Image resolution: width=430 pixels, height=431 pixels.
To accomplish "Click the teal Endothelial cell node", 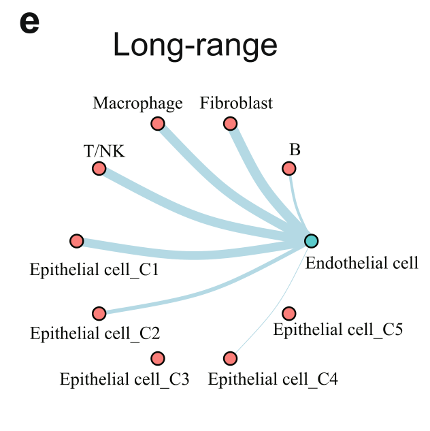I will (x=311, y=240).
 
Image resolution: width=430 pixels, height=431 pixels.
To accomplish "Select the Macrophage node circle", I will (x=158, y=123).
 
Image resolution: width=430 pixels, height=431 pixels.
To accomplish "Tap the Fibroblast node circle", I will (x=230, y=123).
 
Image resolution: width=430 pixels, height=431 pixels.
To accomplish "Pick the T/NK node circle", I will (x=99, y=168).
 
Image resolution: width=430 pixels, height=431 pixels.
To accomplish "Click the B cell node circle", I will (x=289, y=168).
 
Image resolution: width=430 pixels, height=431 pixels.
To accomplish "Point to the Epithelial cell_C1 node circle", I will (x=76, y=240).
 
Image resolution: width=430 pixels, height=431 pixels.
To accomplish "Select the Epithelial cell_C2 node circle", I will (x=99, y=313).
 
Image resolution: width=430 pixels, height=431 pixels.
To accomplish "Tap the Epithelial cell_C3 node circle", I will (x=158, y=358).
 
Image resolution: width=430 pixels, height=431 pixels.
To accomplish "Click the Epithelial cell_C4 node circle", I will (x=230, y=358).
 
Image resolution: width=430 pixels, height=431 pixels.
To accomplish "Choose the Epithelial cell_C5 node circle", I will (x=289, y=313).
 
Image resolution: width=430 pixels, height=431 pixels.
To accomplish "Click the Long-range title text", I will (x=195, y=46).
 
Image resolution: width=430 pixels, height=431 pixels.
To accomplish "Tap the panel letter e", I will (x=29, y=22).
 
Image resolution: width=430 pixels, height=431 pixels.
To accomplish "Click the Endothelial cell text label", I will (x=361, y=263).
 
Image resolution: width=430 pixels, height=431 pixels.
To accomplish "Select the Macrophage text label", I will (x=137, y=103).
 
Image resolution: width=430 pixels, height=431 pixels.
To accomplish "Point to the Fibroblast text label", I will (x=236, y=103).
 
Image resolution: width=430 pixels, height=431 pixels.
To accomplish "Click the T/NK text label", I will (x=104, y=151).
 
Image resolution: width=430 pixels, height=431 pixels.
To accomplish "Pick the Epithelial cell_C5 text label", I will (x=338, y=330).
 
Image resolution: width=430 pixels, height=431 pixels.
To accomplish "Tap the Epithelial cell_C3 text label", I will (x=125, y=379).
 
